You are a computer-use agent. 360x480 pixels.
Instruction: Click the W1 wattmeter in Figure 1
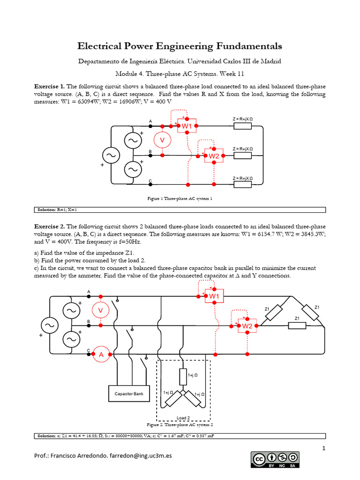[x=187, y=126]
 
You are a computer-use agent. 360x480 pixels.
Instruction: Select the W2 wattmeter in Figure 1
[x=214, y=156]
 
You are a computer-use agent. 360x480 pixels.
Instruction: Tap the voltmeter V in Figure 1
[x=162, y=140]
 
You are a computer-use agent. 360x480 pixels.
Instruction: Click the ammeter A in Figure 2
[x=101, y=355]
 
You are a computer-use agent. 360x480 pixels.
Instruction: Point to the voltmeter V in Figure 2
[x=100, y=310]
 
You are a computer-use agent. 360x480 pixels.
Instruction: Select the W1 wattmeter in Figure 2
[x=214, y=296]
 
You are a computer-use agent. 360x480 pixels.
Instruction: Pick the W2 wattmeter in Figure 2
[x=247, y=326]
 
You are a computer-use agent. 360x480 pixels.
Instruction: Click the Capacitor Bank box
[x=129, y=394]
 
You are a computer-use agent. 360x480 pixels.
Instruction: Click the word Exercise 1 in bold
[x=50, y=87]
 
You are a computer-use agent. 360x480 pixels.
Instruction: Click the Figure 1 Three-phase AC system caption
[x=180, y=199]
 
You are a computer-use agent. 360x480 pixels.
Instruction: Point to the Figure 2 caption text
[x=180, y=425]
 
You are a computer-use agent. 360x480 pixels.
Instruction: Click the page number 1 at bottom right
[x=323, y=449]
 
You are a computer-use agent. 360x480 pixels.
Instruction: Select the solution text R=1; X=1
[x=70, y=210]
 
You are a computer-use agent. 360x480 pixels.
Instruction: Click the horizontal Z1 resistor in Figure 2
[x=297, y=325]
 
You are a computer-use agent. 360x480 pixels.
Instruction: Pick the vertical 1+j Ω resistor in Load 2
[x=183, y=376]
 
